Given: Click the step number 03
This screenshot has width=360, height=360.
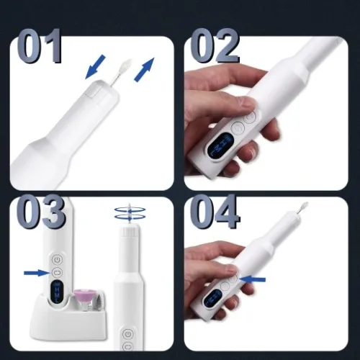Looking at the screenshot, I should (x=40, y=214).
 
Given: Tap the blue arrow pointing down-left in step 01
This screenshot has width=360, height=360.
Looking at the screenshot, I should (x=94, y=69).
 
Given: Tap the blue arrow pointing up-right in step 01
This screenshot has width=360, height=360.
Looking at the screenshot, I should (x=144, y=70).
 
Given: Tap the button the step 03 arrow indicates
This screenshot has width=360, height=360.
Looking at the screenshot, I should (x=56, y=272).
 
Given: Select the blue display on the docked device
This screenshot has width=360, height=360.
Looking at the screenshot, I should (x=57, y=294).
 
